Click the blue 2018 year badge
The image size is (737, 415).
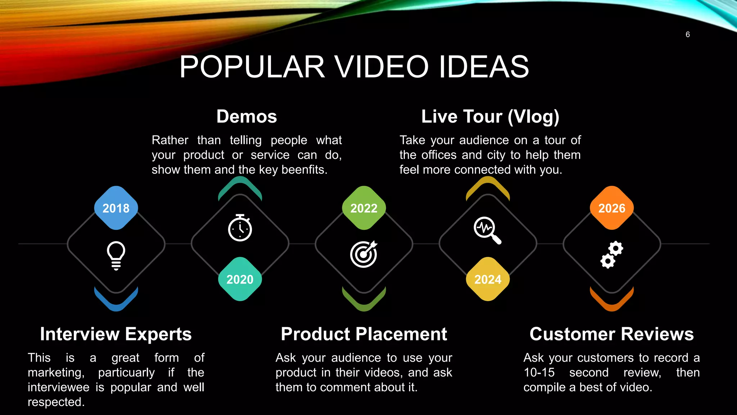[x=116, y=208]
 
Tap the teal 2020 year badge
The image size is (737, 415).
[x=240, y=279]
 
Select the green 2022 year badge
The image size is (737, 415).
[x=364, y=208]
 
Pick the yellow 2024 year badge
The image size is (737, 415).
[x=488, y=279]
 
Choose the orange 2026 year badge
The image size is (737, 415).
[x=612, y=208]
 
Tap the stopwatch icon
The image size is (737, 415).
[x=240, y=228]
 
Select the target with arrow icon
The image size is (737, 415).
[x=364, y=254]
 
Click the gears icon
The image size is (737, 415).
[x=612, y=254]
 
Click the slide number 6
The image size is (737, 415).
[x=688, y=35]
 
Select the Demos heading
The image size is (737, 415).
[x=247, y=116]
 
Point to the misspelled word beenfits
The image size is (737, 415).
[x=304, y=170]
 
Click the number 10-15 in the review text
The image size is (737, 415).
[x=539, y=372]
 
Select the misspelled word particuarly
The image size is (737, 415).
[x=126, y=372]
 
